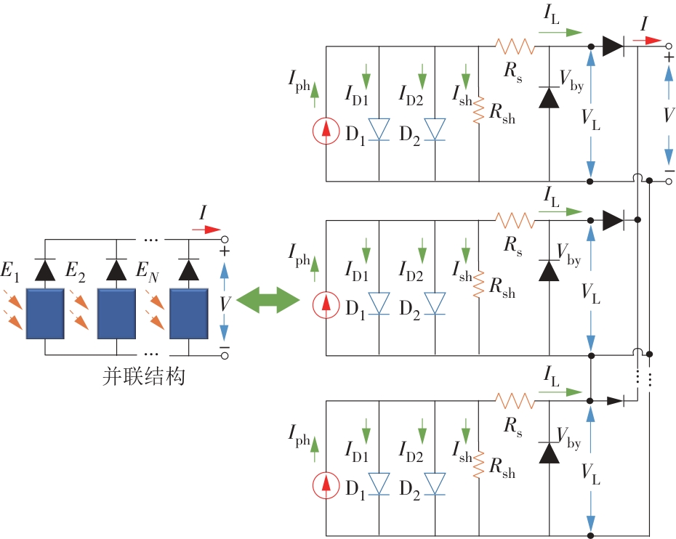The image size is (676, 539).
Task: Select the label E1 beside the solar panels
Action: click(x=10, y=273)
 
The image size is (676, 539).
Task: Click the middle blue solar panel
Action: click(x=117, y=313)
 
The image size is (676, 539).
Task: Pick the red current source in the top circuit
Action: click(x=326, y=131)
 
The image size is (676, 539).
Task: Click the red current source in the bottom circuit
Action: click(x=326, y=485)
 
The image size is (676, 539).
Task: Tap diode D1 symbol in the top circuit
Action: click(x=379, y=129)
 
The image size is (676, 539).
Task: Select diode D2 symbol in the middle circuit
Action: click(x=435, y=304)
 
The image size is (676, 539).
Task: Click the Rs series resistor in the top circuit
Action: click(x=515, y=46)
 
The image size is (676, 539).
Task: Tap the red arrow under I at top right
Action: click(x=650, y=41)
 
